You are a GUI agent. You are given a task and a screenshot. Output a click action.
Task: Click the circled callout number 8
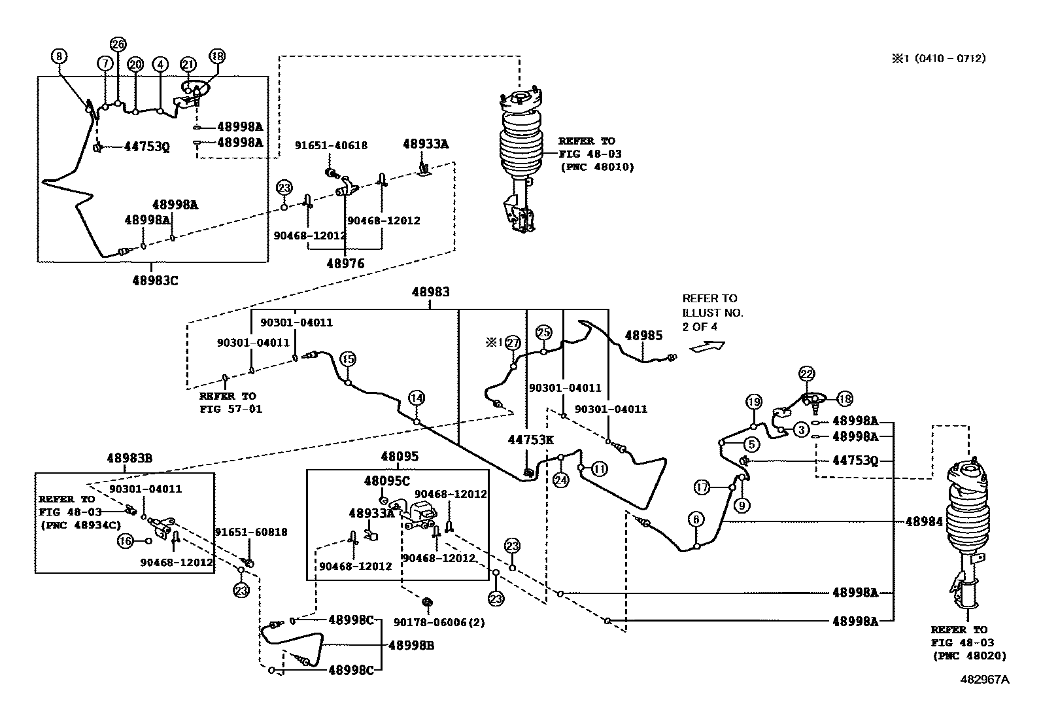(x=59, y=56)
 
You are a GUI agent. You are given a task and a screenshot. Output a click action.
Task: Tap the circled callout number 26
(x=117, y=44)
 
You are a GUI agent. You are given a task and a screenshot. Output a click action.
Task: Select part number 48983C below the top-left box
(x=155, y=281)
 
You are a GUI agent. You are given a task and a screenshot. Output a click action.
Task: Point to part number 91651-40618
(x=330, y=146)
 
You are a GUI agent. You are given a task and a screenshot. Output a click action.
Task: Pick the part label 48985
(x=643, y=336)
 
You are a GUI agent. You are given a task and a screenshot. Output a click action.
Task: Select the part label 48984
(x=924, y=521)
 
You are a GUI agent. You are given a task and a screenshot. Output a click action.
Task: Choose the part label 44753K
(x=530, y=440)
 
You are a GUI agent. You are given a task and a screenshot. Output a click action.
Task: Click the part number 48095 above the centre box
(x=400, y=457)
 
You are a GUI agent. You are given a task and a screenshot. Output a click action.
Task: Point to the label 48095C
(x=386, y=481)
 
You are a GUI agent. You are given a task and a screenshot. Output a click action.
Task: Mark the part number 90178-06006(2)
(x=439, y=622)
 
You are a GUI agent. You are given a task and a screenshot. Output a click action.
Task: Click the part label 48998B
(x=411, y=646)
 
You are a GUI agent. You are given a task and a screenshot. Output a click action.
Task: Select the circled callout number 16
(x=125, y=540)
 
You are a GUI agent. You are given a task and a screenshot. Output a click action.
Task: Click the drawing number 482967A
(x=984, y=680)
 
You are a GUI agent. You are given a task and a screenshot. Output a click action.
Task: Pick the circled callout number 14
(x=417, y=397)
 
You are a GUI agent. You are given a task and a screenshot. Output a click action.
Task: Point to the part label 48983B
(x=129, y=459)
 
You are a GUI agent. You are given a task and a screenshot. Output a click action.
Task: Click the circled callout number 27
(x=513, y=343)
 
